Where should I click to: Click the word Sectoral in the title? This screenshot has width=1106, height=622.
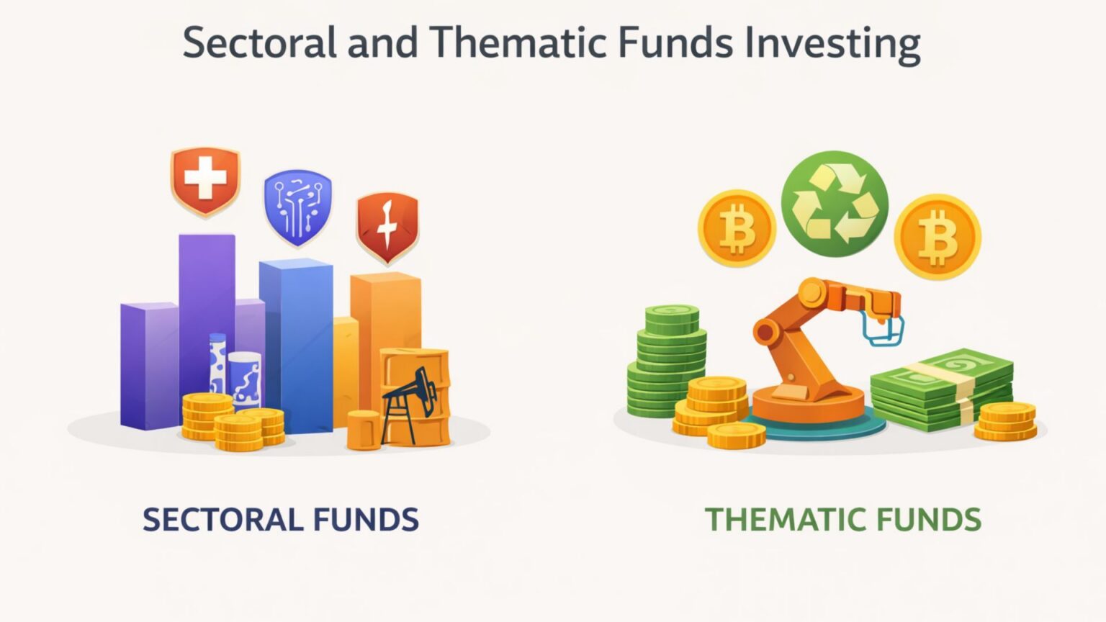pos(259,43)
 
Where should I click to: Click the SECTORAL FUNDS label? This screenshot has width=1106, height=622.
pos(280,520)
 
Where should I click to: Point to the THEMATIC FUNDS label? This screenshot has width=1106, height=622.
pos(842,520)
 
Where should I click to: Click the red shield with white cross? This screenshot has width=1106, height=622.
pos(205,180)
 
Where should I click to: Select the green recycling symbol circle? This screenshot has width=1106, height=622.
pos(835,204)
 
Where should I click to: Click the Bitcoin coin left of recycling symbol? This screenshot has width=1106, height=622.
pos(737,229)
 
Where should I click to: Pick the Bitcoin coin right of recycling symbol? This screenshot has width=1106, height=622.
pos(937,236)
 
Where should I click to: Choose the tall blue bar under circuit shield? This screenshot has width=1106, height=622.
pos(296,338)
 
